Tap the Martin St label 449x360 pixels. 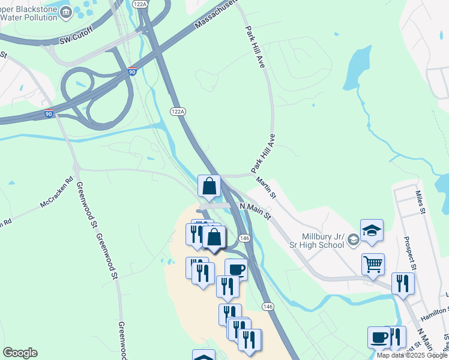265,188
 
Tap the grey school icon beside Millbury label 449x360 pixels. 354,241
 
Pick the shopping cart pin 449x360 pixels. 373,263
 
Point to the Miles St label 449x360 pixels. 420,202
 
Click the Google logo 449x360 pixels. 20,353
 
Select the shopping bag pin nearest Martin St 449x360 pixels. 209,186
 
